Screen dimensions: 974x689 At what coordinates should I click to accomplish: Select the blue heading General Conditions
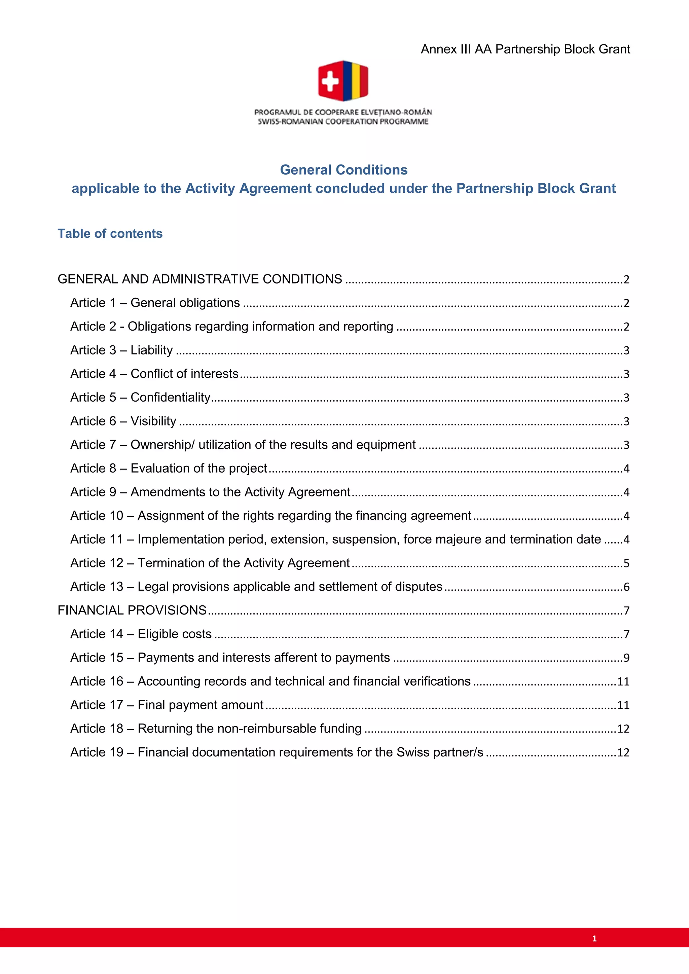(343, 170)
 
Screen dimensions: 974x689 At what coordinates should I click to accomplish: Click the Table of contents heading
(110, 233)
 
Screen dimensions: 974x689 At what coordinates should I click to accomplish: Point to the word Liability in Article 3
(151, 350)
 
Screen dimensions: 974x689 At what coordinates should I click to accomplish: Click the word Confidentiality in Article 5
(170, 397)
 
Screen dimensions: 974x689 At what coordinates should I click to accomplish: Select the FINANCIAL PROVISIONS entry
(132, 610)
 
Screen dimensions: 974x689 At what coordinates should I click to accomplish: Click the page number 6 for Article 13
(626, 587)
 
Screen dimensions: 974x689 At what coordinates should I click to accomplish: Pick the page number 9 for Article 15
(626, 658)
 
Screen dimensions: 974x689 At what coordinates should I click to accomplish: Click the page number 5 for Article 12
(626, 563)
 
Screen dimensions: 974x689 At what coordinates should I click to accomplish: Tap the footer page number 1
(594, 938)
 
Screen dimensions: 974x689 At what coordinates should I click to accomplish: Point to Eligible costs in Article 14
(174, 634)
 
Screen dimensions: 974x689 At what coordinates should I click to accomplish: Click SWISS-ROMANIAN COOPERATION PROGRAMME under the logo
(343, 121)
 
